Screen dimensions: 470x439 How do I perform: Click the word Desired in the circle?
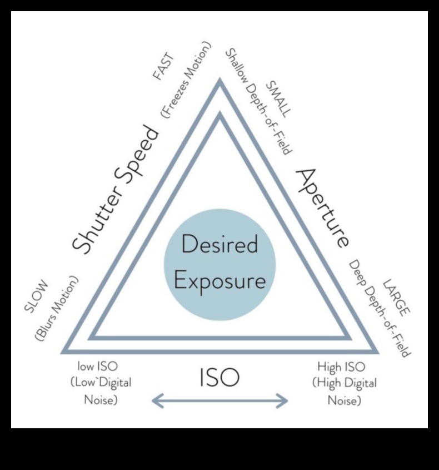219,245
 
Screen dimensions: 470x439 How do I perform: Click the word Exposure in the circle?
219,280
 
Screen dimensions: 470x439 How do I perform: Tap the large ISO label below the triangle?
219,378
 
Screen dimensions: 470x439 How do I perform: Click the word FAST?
164,67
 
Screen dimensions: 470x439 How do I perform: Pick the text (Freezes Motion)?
186,78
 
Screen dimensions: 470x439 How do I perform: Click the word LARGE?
396,298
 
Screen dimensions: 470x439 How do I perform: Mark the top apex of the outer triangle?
220,82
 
